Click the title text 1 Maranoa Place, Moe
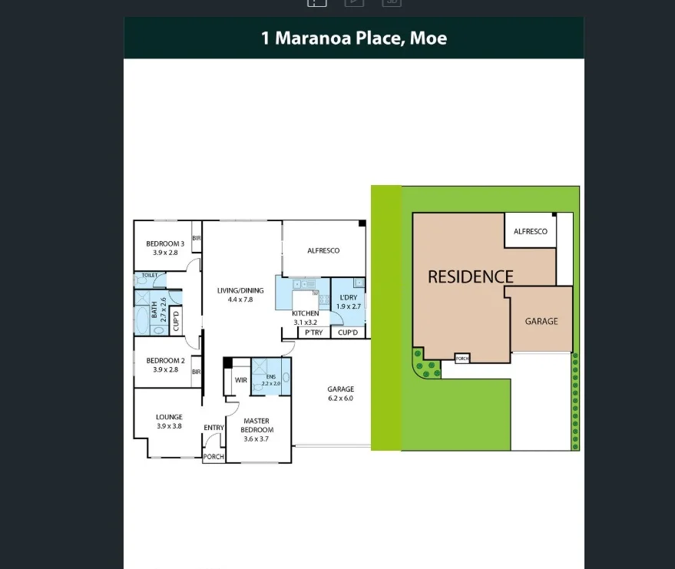pyautogui.click(x=353, y=38)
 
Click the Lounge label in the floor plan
pyautogui.click(x=169, y=417)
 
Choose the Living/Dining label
pyautogui.click(x=240, y=290)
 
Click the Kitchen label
pyautogui.click(x=305, y=313)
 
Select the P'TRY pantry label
pyautogui.click(x=313, y=332)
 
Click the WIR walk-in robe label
pyautogui.click(x=240, y=380)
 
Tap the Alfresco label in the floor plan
pyautogui.click(x=323, y=250)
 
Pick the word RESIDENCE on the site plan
pyautogui.click(x=470, y=276)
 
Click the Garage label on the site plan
pyautogui.click(x=541, y=321)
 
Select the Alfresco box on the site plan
pyautogui.click(x=530, y=231)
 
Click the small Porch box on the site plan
pyautogui.click(x=462, y=358)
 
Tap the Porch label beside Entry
pyautogui.click(x=213, y=457)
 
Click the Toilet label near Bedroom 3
pyautogui.click(x=150, y=274)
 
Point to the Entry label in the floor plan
pyautogui.click(x=213, y=428)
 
